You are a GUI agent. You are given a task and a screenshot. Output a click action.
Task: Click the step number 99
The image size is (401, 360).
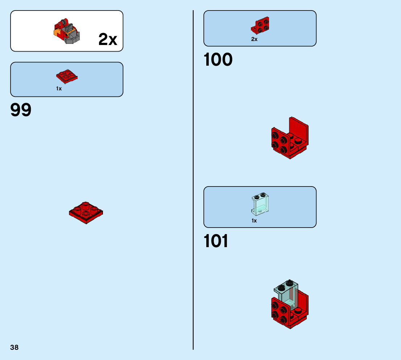21,110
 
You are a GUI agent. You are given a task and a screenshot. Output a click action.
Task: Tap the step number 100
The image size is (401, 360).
218,60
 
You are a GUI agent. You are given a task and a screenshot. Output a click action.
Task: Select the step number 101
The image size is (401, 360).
216,241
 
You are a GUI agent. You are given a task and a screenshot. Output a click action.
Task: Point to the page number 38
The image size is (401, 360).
14,347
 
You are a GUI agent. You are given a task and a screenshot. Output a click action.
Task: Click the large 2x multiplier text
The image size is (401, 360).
108,39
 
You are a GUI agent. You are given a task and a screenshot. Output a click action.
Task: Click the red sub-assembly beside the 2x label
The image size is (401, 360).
67,31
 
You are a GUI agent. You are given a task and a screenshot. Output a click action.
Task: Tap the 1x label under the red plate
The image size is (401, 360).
59,89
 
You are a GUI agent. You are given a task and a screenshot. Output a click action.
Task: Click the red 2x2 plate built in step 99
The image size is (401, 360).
86,213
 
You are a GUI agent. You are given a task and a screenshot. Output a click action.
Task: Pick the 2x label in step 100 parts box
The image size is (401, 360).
254,39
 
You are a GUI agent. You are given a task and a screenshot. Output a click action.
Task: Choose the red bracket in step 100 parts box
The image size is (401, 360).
260,25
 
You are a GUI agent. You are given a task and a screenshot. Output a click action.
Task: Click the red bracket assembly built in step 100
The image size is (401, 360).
289,139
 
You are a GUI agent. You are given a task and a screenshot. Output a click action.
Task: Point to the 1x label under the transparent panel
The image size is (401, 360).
254,221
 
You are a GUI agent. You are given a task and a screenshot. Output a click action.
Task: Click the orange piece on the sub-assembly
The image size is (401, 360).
57,34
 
